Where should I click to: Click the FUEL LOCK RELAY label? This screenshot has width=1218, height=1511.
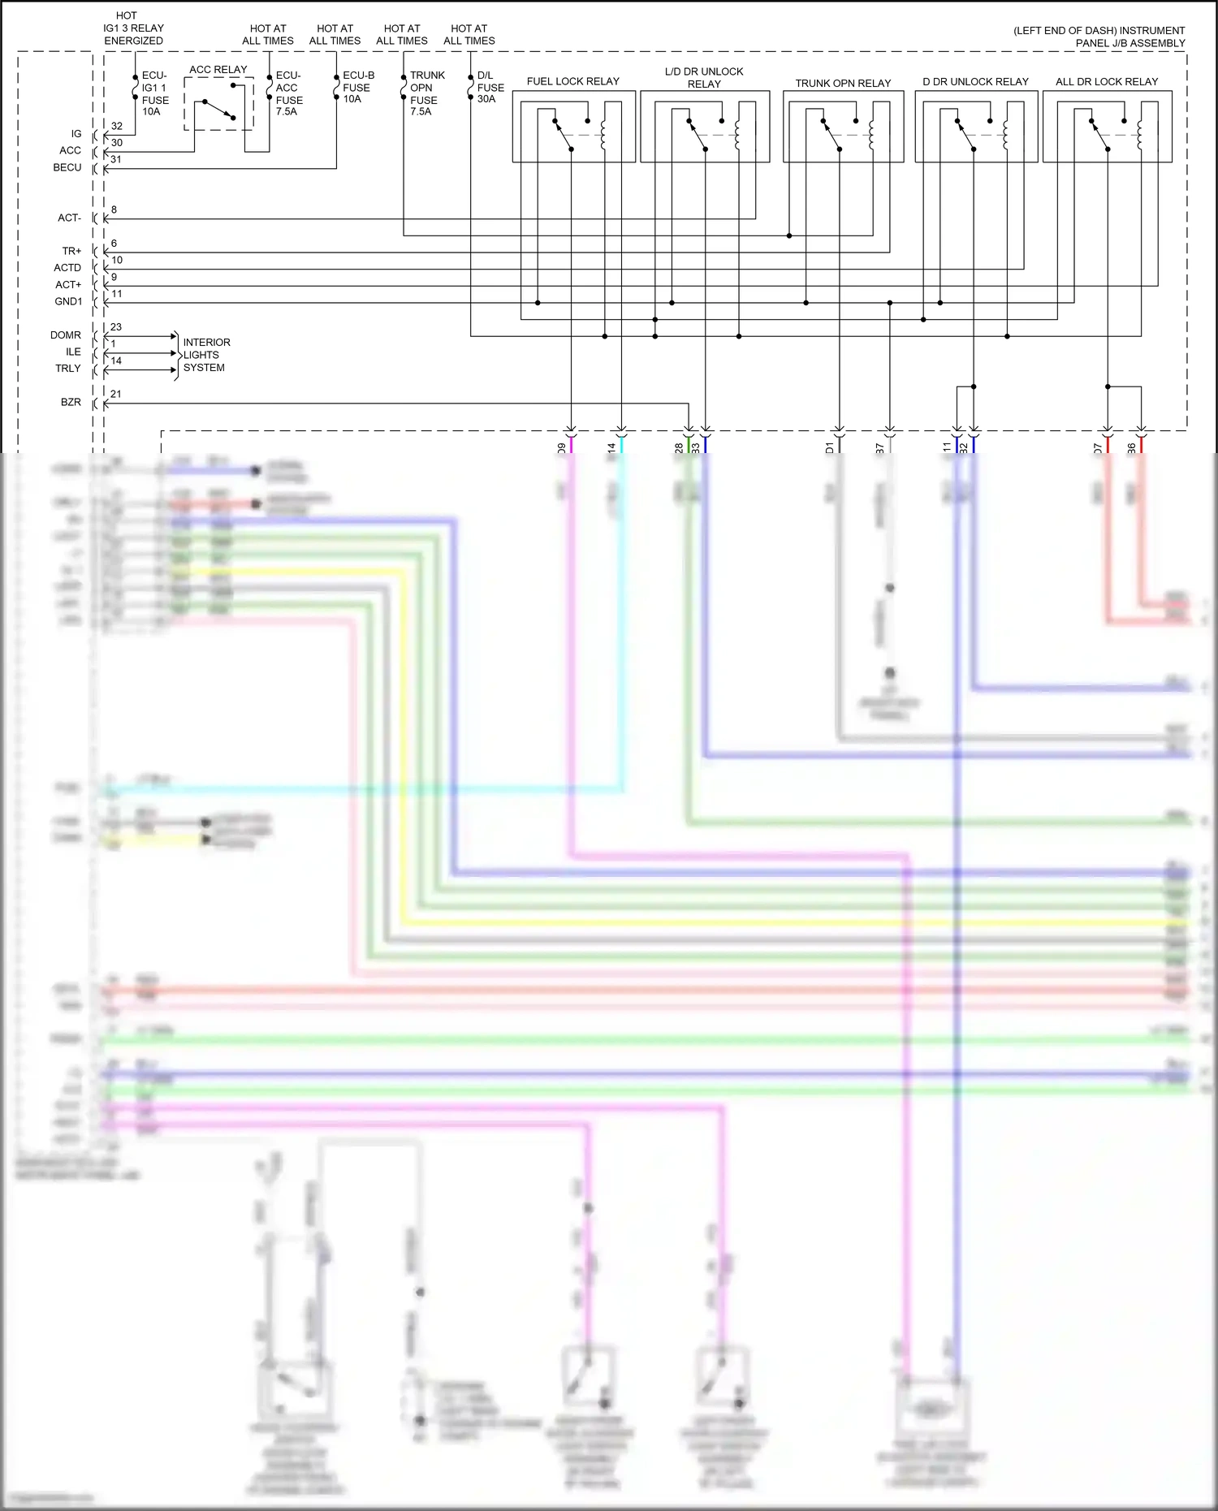pyautogui.click(x=572, y=81)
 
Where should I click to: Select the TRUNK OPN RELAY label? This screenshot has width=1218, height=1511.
pyautogui.click(x=842, y=83)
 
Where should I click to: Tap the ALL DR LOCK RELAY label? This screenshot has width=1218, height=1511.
pyautogui.click(x=1106, y=81)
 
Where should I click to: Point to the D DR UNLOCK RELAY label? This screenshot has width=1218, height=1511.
pyautogui.click(x=974, y=81)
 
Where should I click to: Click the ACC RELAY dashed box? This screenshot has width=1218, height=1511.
pyautogui.click(x=218, y=104)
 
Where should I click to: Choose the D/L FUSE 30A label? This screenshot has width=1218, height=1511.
pyautogui.click(x=490, y=87)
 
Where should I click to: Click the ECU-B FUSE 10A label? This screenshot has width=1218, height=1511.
pyautogui.click(x=357, y=87)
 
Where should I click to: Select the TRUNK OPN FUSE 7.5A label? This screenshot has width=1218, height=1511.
pyautogui.click(x=426, y=93)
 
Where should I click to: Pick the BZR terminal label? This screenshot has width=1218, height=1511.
pyautogui.click(x=71, y=402)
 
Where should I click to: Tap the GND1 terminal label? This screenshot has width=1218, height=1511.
pyautogui.click(x=68, y=301)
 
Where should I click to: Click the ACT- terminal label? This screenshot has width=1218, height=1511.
pyautogui.click(x=69, y=218)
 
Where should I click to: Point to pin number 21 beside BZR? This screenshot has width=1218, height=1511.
pyautogui.click(x=116, y=394)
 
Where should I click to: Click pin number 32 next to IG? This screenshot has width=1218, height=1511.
pyautogui.click(x=117, y=126)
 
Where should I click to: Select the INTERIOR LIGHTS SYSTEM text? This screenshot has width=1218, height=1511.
pyautogui.click(x=205, y=355)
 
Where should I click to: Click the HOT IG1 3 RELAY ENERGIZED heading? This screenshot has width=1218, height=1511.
pyautogui.click(x=133, y=28)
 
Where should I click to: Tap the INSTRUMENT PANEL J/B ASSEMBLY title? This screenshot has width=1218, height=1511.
pyautogui.click(x=1099, y=37)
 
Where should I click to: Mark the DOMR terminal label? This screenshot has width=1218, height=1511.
pyautogui.click(x=66, y=335)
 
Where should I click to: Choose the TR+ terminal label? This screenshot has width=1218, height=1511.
pyautogui.click(x=71, y=251)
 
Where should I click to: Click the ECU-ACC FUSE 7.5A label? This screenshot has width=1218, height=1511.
pyautogui.click(x=289, y=93)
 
